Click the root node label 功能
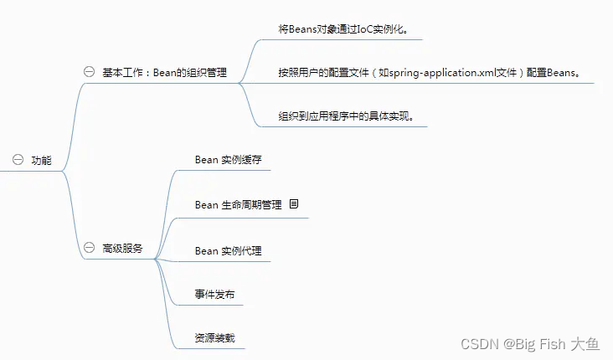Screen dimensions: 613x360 coord(41,160)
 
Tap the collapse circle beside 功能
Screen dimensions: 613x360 coord(17,160)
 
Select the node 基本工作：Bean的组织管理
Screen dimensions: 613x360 coord(164,72)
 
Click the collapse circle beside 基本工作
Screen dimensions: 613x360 coord(89,72)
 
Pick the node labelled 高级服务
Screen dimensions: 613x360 coord(122,249)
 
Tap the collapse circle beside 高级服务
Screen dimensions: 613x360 coord(89,249)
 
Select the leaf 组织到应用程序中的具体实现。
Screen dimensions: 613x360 coord(346,116)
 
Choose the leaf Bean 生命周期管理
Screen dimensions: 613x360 coord(238,204)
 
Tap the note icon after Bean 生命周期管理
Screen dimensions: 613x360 coord(294,204)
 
